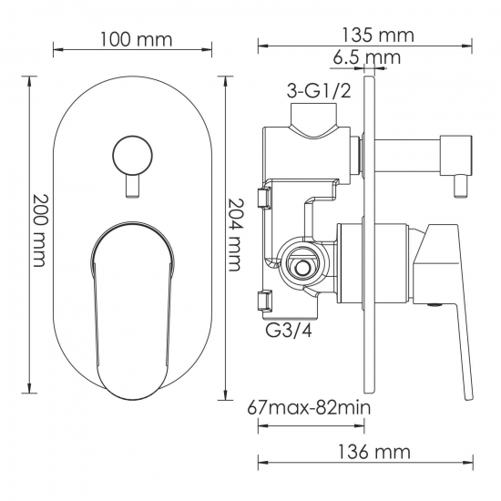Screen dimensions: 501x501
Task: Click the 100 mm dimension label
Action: [137, 39]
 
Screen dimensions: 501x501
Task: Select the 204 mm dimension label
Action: [236, 235]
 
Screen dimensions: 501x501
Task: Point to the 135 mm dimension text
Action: [378, 36]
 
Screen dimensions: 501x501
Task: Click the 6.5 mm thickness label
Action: [366, 57]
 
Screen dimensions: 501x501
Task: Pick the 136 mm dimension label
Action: [373, 452]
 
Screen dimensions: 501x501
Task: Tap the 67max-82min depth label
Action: [309, 408]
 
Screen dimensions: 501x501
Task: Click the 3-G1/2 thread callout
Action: [319, 91]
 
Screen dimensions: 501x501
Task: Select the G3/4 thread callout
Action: [289, 331]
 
